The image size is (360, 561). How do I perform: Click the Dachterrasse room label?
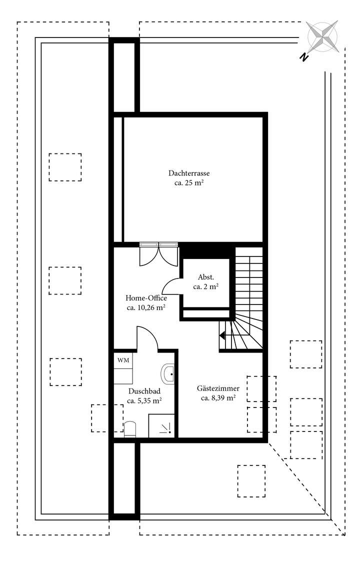188,173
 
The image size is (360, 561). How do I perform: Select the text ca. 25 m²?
188,183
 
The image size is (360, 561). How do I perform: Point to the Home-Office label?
146,298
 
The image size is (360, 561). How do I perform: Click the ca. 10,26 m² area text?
146,308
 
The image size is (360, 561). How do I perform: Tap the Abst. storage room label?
206,277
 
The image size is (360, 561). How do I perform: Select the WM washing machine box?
122,360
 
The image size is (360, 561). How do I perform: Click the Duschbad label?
144,391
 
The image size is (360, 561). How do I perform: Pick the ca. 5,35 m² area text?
144,401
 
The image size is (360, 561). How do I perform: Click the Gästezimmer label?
218,388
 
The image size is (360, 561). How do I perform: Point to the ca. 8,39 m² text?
218,398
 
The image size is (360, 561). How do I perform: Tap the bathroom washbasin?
168,373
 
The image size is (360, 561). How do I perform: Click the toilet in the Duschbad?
130,429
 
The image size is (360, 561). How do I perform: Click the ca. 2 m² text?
206,287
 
